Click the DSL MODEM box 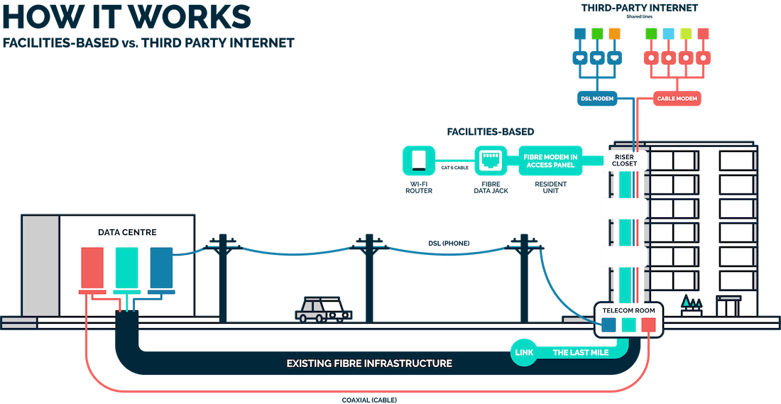click(597, 97)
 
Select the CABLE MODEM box click(677, 97)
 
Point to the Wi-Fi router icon click(417, 160)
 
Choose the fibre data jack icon click(488, 160)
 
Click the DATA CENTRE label click(127, 232)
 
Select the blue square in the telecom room click(608, 325)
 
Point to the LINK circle click(524, 352)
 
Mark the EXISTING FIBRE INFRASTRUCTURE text click(369, 364)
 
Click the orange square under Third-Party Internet click(615, 34)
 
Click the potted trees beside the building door click(690, 306)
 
